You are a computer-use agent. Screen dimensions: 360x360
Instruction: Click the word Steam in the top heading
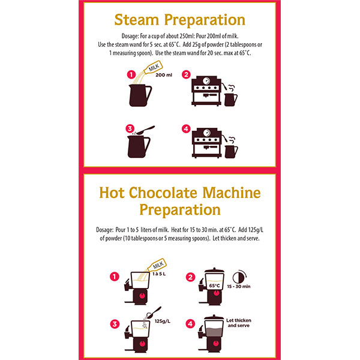click(x=137, y=20)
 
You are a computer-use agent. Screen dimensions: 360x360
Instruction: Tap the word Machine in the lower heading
click(x=232, y=193)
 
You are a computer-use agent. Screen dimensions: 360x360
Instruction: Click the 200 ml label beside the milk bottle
click(x=164, y=75)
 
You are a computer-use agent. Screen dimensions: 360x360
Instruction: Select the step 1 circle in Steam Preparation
click(x=131, y=74)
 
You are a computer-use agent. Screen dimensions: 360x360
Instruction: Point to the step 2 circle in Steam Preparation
click(x=186, y=74)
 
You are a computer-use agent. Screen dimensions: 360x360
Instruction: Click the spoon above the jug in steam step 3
click(x=145, y=130)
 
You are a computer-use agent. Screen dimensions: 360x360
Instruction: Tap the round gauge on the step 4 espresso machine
click(x=206, y=133)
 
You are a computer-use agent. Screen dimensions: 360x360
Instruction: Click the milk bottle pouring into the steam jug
click(x=153, y=67)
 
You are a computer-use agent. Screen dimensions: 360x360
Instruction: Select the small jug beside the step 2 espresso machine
click(x=231, y=100)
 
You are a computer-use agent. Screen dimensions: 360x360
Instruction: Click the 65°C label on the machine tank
click(x=214, y=286)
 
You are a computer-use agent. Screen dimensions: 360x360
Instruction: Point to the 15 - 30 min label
click(x=239, y=286)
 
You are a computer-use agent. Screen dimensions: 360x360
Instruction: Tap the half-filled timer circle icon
click(x=239, y=278)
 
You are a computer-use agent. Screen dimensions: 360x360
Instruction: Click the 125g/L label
click(x=163, y=321)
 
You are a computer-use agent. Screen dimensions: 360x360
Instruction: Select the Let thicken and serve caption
click(x=239, y=323)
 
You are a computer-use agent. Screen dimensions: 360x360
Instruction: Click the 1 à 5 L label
click(x=159, y=274)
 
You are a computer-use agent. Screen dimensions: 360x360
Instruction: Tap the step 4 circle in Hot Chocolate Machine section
click(x=190, y=324)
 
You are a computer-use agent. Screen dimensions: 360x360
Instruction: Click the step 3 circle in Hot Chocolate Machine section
click(x=115, y=324)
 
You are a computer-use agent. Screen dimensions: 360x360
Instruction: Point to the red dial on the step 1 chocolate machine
click(x=142, y=295)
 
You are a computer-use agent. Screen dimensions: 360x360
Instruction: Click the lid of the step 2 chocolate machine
click(x=214, y=271)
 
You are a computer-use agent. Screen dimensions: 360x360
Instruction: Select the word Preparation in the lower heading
click(x=180, y=209)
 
